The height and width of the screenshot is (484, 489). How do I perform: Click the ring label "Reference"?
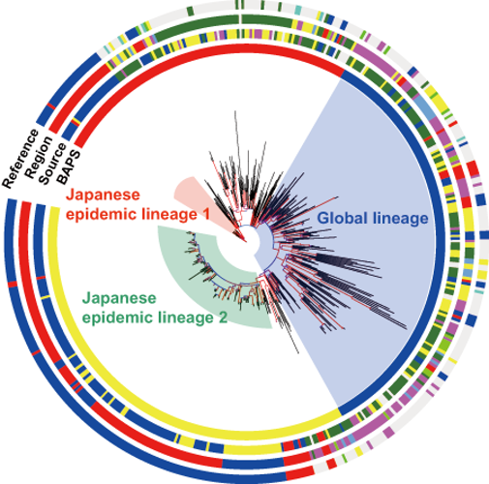pyautogui.click(x=20, y=159)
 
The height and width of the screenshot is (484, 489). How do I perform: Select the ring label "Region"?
pyautogui.click(x=39, y=158)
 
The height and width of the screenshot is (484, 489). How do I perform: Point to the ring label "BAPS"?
pyautogui.click(x=69, y=167)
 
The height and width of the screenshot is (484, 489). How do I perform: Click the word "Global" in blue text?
pyautogui.click(x=343, y=218)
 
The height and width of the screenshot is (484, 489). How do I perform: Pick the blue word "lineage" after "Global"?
pyautogui.click(x=401, y=219)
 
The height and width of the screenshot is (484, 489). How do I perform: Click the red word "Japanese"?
pyautogui.click(x=103, y=196)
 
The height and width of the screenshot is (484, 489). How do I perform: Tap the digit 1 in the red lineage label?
pyautogui.click(x=205, y=214)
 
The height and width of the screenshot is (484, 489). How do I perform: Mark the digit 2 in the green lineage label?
pyautogui.click(x=223, y=318)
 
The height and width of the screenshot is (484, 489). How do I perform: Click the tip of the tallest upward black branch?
pyautogui.click(x=234, y=111)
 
